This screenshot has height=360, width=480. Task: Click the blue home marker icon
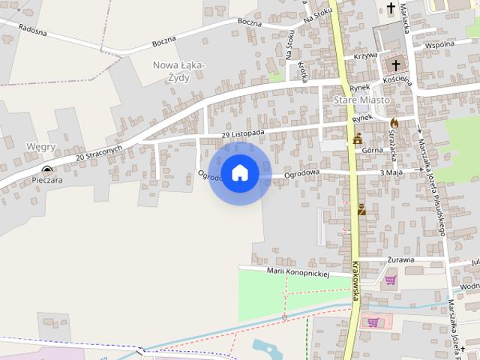click(239, 172)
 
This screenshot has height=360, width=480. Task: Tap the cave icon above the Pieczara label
click(47, 170)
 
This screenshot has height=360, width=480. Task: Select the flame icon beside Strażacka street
click(394, 122)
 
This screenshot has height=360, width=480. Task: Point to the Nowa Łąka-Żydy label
click(179, 70)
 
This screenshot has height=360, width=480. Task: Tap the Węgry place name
click(40, 147)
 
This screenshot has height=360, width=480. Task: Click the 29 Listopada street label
click(243, 133)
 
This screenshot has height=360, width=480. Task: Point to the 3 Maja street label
click(392, 172)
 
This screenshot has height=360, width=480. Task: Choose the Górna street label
click(372, 150)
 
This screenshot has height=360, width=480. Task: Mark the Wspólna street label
click(439, 44)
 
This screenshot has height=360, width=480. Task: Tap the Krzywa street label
click(366, 55)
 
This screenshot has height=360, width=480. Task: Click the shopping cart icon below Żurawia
click(390, 281)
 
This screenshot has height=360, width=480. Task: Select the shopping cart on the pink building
click(373, 322)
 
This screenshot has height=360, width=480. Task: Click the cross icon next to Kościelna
click(396, 65)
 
